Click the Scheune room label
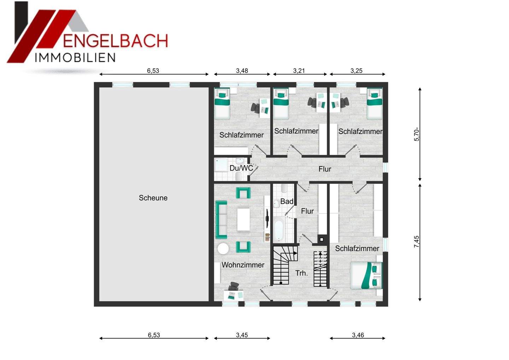(x=153, y=198)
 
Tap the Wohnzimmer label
(x=243, y=265)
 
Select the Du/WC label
(x=241, y=168)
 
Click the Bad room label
(x=287, y=202)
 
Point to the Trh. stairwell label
(x=302, y=273)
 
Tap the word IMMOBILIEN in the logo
(x=75, y=58)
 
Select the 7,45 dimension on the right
(x=417, y=242)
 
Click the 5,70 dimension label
(x=417, y=134)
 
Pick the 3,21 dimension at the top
(x=299, y=71)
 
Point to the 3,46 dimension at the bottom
(x=358, y=335)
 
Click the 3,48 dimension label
(x=242, y=71)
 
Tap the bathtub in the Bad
(x=279, y=230)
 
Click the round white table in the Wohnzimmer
(x=223, y=249)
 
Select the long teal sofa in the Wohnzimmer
(x=221, y=219)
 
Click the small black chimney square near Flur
(x=321, y=239)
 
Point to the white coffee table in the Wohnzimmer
(x=244, y=219)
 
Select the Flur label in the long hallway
(x=324, y=169)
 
